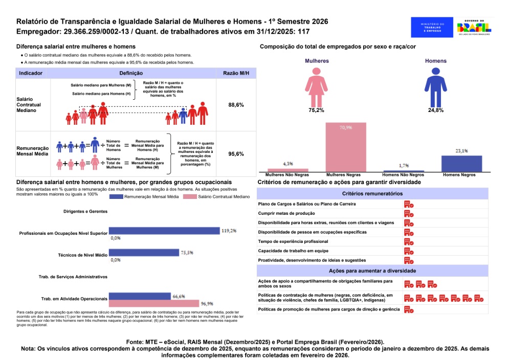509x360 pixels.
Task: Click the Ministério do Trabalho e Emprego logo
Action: point(432,27)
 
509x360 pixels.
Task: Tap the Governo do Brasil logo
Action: point(475,27)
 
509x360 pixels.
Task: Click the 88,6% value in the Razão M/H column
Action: point(236,105)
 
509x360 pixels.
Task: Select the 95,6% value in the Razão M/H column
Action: point(236,154)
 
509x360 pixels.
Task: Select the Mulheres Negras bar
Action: point(346,147)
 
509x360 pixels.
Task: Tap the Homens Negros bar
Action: point(461,164)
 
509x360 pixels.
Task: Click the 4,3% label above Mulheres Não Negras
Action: point(288,164)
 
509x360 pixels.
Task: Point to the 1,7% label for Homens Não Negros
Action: point(404,166)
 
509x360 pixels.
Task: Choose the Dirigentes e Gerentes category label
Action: point(85,211)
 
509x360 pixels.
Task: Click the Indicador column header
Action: point(31,73)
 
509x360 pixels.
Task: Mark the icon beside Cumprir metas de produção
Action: point(409,213)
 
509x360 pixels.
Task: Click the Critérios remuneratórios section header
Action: point(372,194)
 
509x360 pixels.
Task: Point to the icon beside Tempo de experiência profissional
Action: point(409,241)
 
